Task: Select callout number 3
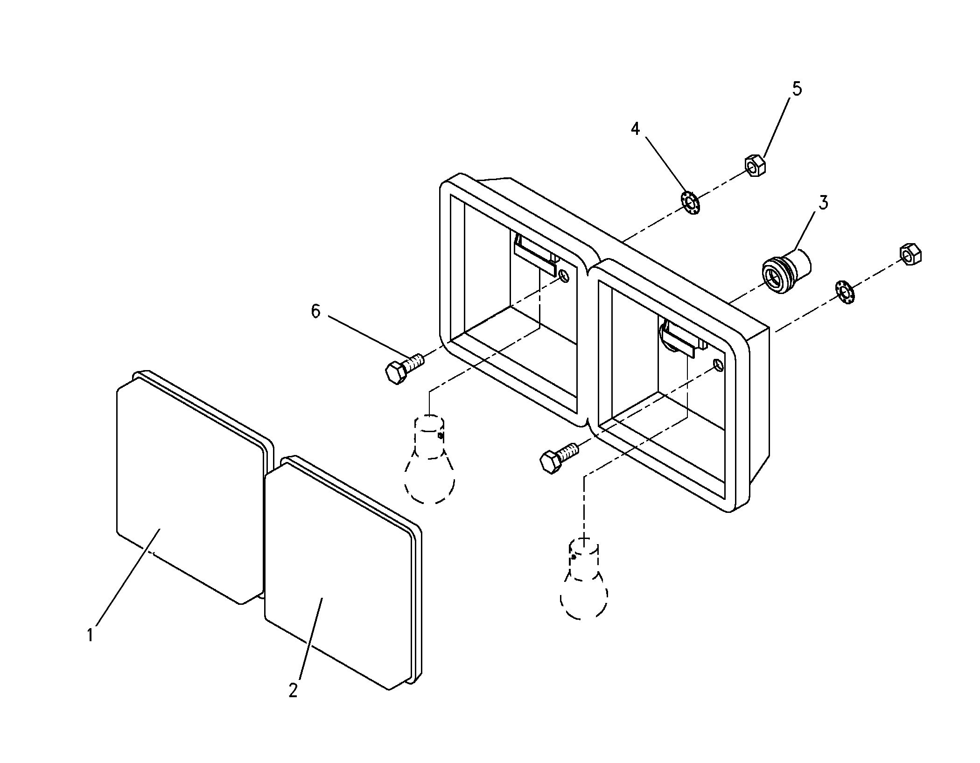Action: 823,203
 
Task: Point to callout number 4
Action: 635,129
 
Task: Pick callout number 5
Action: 797,89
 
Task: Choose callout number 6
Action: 316,311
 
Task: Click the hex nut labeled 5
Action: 755,166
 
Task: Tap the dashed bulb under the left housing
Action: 429,460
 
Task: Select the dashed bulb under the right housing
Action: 584,579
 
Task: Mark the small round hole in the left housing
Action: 564,277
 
